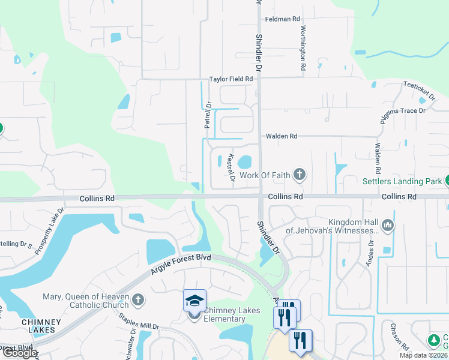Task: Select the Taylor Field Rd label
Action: click(231, 79)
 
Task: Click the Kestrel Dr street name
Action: click(231, 168)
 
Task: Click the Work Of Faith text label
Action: click(265, 176)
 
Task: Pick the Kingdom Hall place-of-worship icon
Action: click(387, 226)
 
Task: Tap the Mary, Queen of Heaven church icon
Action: click(138, 299)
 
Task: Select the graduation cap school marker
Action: click(194, 301)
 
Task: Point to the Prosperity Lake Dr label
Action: click(49, 232)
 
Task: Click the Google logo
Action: click(20, 353)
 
